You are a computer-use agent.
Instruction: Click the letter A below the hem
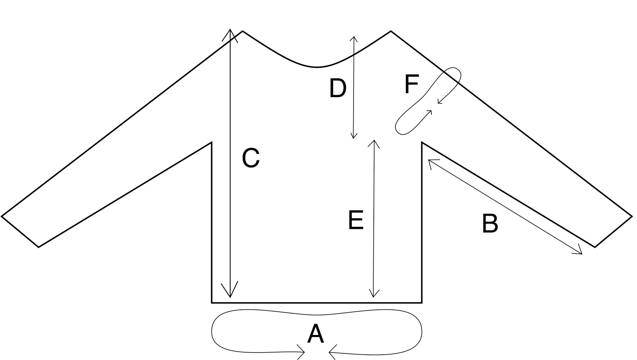click(x=316, y=334)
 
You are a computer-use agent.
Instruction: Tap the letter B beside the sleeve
click(x=490, y=223)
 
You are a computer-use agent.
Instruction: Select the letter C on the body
click(x=251, y=158)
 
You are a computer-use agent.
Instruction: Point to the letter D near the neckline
click(x=338, y=89)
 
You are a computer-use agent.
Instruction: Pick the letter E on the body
click(x=356, y=220)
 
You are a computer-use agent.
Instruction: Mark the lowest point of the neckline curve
click(x=317, y=67)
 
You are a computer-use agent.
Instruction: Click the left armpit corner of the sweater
click(x=212, y=143)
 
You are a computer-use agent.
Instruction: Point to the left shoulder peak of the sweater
click(x=242, y=31)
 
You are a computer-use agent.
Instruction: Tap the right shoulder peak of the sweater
click(x=391, y=31)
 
